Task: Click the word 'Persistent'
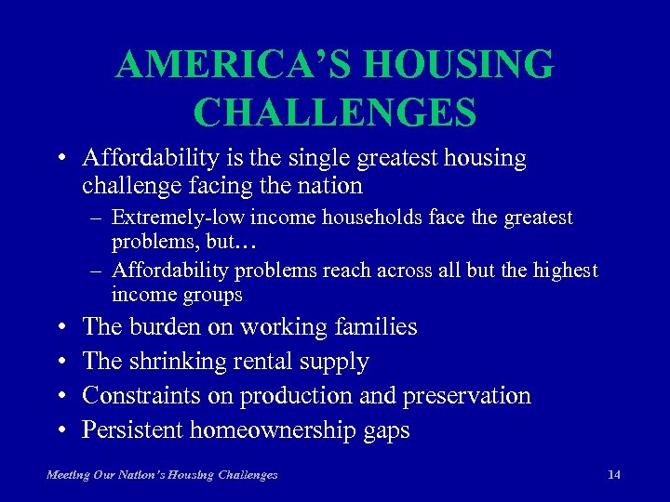[132, 430]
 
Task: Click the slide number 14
[613, 475]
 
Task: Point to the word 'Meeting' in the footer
[68, 475]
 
